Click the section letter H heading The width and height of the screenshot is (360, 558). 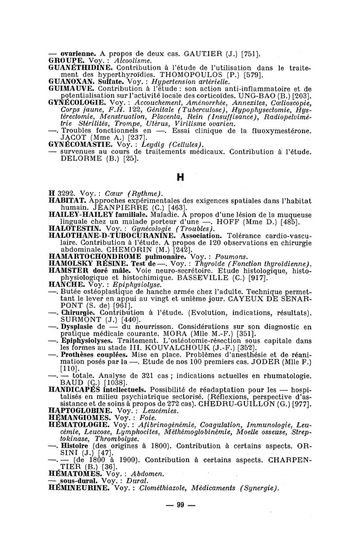point(180,177)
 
